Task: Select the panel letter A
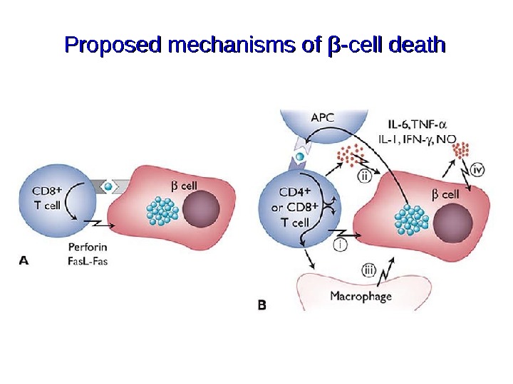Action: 24,261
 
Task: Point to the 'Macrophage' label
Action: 361,296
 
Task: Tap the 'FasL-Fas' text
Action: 88,261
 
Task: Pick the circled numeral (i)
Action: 341,244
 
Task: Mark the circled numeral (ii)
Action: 363,178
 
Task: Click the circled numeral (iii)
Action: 368,270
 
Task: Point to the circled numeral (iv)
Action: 478,169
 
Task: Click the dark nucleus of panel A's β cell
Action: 201,211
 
